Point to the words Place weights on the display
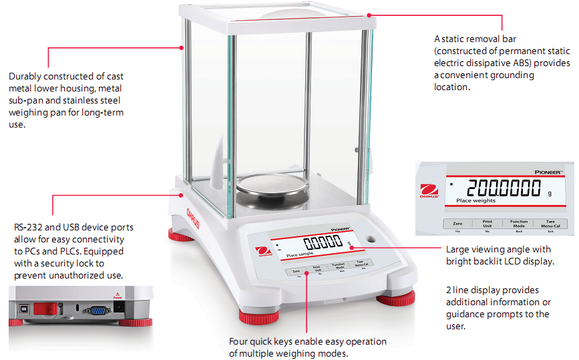tap(476, 200)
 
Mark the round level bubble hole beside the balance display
tap(370, 239)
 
